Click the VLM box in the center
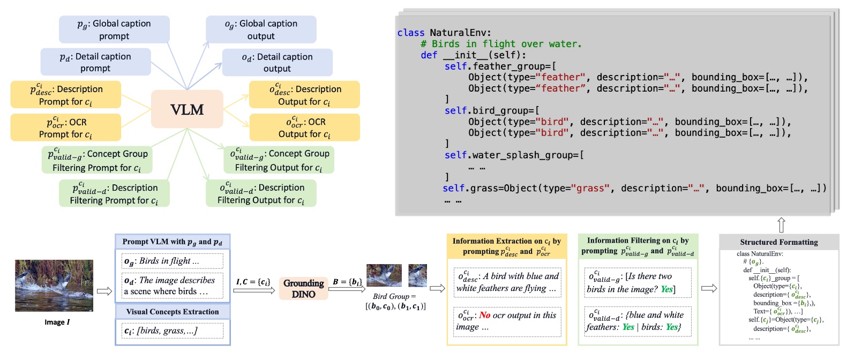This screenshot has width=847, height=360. click(187, 109)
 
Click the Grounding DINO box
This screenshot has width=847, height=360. click(303, 288)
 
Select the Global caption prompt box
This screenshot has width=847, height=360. click(114, 29)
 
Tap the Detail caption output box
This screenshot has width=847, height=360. click(277, 62)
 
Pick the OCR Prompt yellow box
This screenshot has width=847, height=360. click(65, 127)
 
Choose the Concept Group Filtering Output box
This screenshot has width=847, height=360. click(279, 160)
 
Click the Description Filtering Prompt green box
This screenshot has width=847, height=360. click(114, 193)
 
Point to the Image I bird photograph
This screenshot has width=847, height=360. click(54, 286)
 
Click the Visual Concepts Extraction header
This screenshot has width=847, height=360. click(173, 312)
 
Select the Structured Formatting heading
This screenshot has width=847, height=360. click(778, 242)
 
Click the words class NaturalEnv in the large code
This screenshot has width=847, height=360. click(444, 33)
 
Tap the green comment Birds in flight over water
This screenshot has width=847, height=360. click(501, 44)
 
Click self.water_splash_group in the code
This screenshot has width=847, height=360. click(513, 155)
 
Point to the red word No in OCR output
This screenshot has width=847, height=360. click(484, 315)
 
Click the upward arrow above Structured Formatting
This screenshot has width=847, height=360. click(781, 224)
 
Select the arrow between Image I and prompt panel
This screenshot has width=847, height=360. click(104, 291)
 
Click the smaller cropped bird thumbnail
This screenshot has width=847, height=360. click(417, 275)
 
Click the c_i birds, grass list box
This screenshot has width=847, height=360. click(173, 331)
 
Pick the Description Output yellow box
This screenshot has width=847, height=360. click(304, 95)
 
